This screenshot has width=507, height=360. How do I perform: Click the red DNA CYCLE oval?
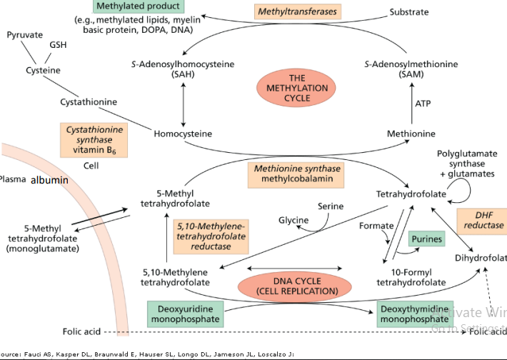[x=287, y=285]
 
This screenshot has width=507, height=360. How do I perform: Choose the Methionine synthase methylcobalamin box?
[x=295, y=174]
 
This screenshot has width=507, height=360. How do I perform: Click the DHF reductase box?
[x=488, y=220]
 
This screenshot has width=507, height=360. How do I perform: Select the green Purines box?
[x=426, y=239]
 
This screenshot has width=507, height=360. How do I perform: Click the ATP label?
[x=423, y=104]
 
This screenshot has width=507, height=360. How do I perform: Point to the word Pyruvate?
[x=25, y=35]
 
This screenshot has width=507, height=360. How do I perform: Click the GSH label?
[x=59, y=46]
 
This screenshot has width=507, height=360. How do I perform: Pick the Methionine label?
[x=411, y=134]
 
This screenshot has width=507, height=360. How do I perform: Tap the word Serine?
[x=331, y=206]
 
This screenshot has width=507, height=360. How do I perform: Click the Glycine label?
[x=293, y=220]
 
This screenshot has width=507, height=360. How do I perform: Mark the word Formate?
[x=376, y=226]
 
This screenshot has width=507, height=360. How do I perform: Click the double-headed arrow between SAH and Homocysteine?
[x=184, y=103]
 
